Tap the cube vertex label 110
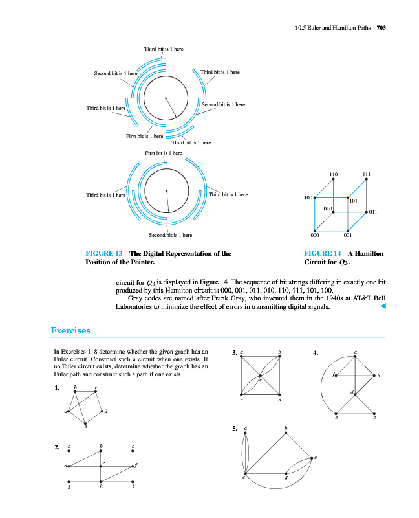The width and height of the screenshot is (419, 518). (x=333, y=175)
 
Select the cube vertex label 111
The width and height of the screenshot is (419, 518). (x=366, y=175)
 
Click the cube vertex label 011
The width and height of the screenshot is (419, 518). (x=373, y=212)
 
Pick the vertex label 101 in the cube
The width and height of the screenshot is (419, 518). (x=354, y=201)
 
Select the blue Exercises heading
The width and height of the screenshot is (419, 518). (x=70, y=331)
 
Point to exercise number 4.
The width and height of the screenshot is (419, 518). (x=315, y=353)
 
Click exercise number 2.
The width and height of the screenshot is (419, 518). (x=58, y=447)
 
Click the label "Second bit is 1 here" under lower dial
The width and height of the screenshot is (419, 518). (x=170, y=235)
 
